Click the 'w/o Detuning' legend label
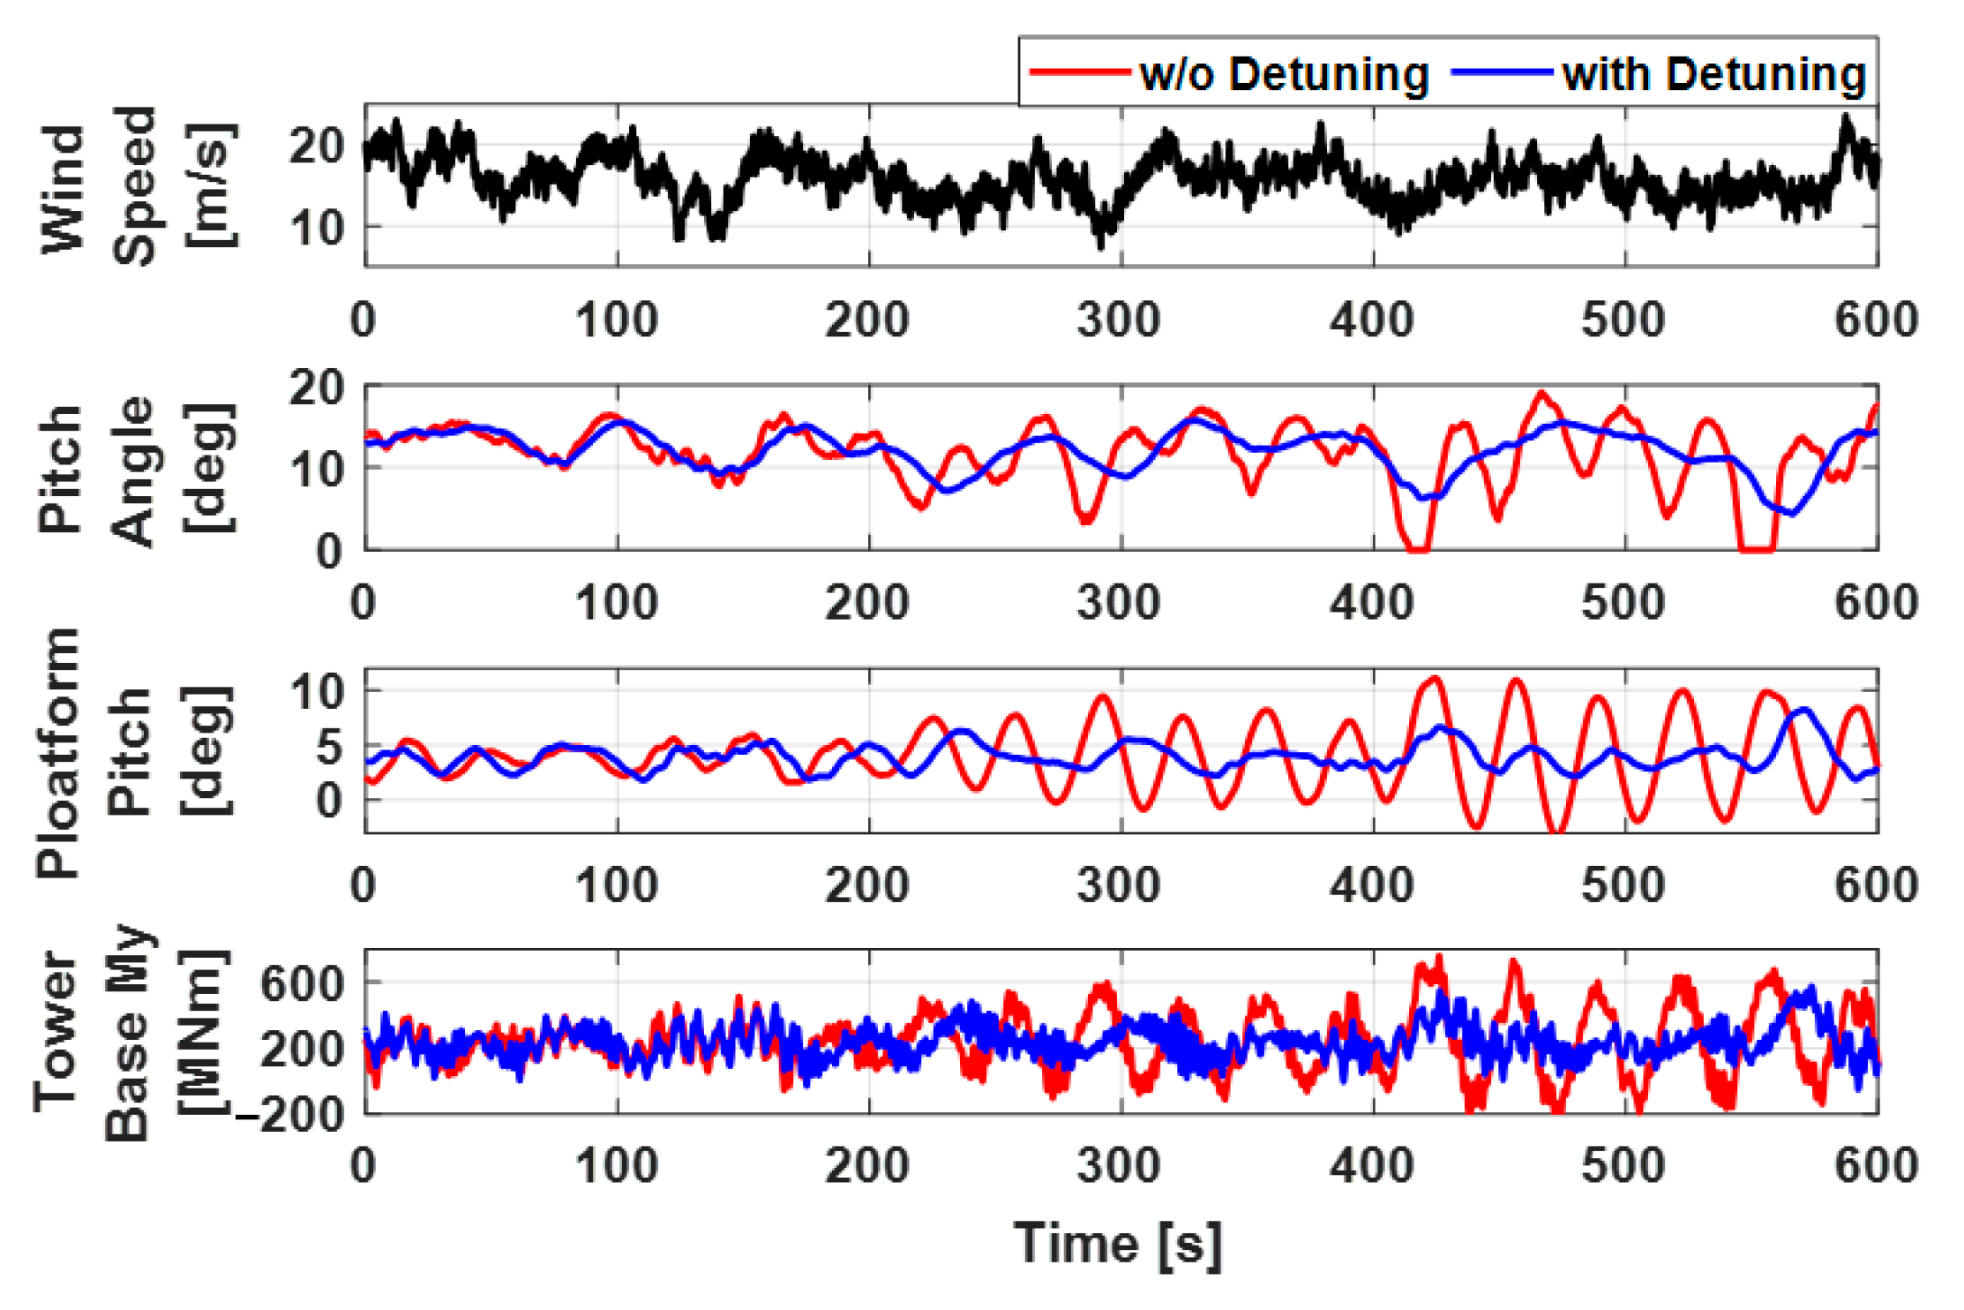[x=1284, y=73]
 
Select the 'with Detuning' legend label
[x=1713, y=73]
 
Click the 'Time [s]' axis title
[x=1118, y=1244]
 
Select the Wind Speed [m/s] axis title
[x=137, y=185]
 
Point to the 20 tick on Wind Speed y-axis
[x=316, y=145]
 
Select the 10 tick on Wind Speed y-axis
[x=316, y=227]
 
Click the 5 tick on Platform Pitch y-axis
[x=328, y=746]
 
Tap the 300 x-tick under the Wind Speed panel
[x=1119, y=320]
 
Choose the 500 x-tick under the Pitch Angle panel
[x=1623, y=603]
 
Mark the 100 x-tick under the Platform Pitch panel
[x=617, y=885]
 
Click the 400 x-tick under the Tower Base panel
[x=1372, y=1165]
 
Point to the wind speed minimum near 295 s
[x=1101, y=245]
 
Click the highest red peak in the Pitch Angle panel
[x=1541, y=393]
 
